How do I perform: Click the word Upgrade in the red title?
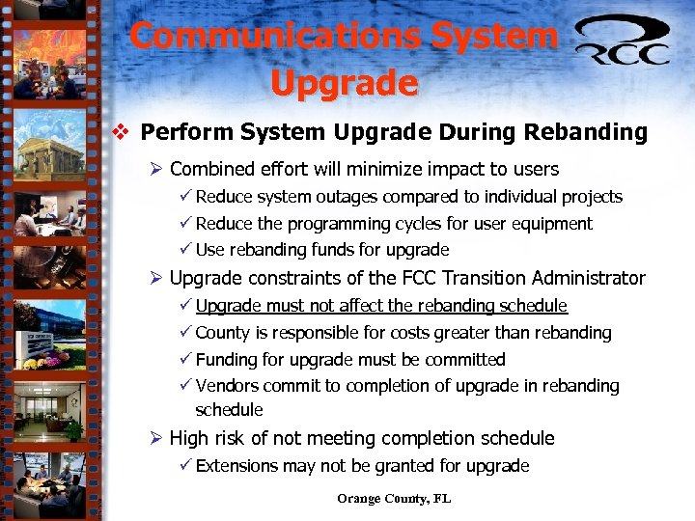click(344, 83)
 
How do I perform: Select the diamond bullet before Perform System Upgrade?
click(121, 131)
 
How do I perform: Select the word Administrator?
click(589, 279)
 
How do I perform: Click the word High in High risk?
click(189, 439)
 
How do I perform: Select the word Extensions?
click(236, 466)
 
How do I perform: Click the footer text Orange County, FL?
click(394, 499)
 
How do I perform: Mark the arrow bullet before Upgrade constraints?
click(155, 279)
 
